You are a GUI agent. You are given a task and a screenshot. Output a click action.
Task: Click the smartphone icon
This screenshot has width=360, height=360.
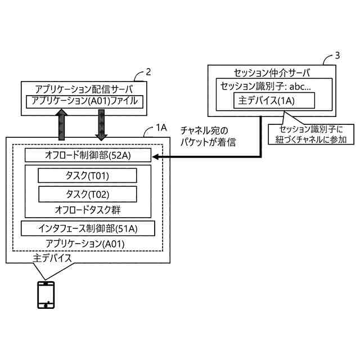[46, 295]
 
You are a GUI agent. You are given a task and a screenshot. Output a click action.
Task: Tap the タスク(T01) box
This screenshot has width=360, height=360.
[87, 176]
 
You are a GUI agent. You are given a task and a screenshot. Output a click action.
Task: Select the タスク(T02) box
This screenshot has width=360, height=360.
[87, 194]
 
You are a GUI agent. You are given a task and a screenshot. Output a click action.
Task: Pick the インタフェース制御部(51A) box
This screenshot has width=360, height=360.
[87, 228]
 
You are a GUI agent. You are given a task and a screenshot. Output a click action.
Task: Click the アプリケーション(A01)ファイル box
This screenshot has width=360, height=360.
[84, 102]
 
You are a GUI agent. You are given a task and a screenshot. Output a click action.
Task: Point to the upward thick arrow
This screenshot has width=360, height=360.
[62, 124]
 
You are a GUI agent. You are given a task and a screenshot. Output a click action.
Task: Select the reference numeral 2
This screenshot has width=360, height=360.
[148, 72]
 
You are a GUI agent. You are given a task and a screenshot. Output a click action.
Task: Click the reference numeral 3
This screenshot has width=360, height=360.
[337, 55]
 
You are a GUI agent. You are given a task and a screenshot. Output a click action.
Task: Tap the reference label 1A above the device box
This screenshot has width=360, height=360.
[161, 128]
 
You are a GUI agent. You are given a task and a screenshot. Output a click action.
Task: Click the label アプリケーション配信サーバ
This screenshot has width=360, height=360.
[84, 89]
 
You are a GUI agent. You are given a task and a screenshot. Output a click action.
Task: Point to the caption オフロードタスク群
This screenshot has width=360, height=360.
[88, 210]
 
